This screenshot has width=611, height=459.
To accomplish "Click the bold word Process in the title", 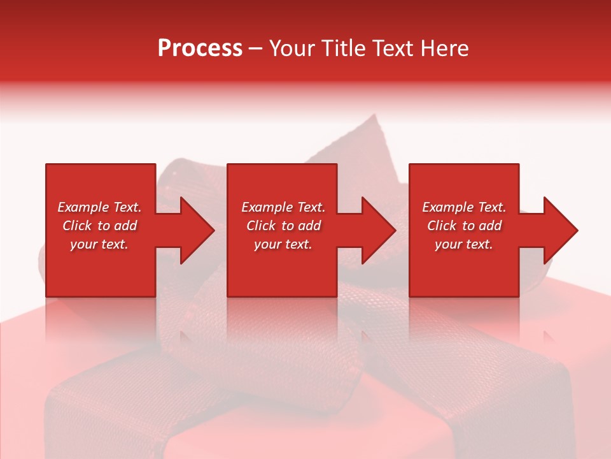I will coord(200,48).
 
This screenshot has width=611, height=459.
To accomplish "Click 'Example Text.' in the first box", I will coord(99,207).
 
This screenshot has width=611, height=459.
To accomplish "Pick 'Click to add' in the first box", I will coord(99,226).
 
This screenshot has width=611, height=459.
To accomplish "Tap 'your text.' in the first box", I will coord(99,244).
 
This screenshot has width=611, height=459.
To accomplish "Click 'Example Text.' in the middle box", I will coord(283,207).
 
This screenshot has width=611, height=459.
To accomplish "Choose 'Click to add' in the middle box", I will coord(283,226).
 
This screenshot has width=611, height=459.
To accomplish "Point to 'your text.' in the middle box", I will coord(283,244).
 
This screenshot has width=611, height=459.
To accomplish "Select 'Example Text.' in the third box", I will coord(464,207).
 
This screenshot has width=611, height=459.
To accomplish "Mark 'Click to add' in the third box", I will coord(464,226).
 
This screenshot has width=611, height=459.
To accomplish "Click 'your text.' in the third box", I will coord(464,244).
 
